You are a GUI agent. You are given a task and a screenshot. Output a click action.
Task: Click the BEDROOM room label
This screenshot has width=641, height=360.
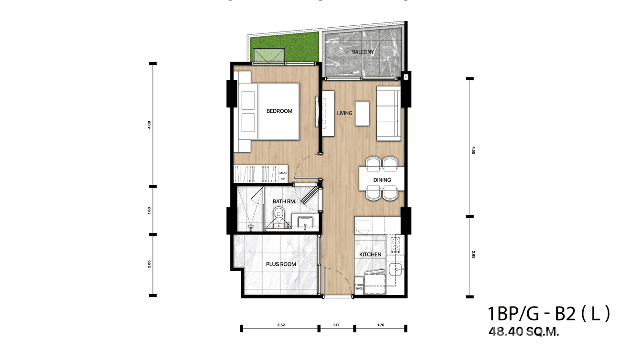tap(279, 111)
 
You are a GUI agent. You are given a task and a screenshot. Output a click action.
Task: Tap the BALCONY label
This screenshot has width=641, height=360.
tap(363, 52)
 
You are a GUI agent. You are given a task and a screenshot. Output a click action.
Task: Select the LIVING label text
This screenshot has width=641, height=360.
tap(344, 113)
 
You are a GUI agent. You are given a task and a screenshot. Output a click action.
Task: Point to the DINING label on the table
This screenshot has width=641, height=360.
tap(382, 180)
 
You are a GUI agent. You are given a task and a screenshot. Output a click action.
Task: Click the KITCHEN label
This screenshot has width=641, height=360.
tap(370, 254)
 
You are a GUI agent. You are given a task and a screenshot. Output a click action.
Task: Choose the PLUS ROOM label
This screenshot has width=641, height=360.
tap(281, 264)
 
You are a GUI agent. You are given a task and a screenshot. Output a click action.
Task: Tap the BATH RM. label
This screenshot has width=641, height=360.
tap(285, 201)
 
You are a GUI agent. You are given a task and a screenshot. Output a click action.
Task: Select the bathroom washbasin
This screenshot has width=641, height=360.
tap(305, 222)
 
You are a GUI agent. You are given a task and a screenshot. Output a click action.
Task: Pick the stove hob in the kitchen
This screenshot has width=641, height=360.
tap(395, 244)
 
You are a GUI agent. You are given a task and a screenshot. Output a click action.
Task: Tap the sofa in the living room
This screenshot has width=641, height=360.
tap(388, 113)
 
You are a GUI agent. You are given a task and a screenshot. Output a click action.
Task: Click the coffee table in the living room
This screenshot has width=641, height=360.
tap(362, 113)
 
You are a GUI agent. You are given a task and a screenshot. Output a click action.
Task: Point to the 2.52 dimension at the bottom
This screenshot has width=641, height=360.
tap(281, 325)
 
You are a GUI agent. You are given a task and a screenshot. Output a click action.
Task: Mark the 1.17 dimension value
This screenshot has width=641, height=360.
tap(336, 325)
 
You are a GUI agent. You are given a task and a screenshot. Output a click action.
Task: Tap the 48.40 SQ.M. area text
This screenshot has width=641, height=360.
tap(523, 332)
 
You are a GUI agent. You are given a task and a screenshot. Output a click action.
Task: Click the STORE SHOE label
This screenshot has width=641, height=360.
tap(358, 286)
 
